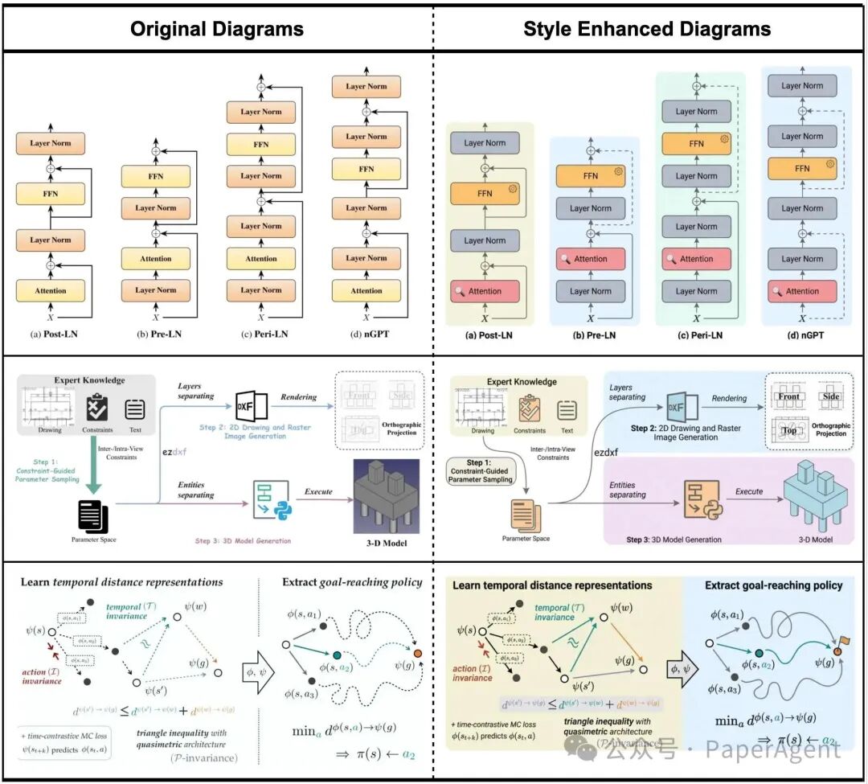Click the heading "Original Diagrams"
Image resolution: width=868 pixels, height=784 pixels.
click(217, 30)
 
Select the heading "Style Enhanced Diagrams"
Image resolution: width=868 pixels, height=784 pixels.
click(647, 30)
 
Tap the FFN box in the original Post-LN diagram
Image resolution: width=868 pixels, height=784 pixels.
click(50, 194)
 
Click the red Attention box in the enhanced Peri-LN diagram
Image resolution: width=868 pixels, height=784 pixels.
click(696, 259)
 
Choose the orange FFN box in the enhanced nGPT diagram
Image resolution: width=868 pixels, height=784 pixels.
click(802, 169)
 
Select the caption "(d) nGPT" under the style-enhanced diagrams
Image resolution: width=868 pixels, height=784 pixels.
click(802, 335)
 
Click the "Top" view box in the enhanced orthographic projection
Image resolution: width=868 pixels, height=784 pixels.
click(789, 430)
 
